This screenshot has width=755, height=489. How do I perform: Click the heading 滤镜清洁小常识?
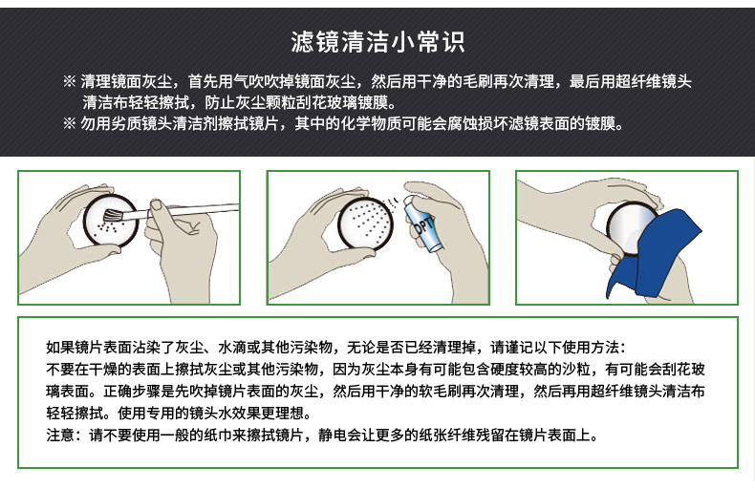pyautogui.click(x=377, y=42)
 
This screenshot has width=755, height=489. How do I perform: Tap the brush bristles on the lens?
pyautogui.click(x=113, y=215)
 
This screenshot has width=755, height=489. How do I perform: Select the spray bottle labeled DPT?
pyautogui.click(x=423, y=224)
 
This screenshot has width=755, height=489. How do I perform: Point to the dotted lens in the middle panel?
pyautogui.click(x=365, y=223)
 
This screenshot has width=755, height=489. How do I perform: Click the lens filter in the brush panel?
pyautogui.click(x=111, y=221)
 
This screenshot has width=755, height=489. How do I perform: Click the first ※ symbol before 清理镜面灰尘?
pyautogui.click(x=70, y=81)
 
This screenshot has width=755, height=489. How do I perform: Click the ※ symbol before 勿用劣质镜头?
pyautogui.click(x=70, y=124)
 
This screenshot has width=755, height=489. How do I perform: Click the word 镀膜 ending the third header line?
pyautogui.click(x=601, y=124)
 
